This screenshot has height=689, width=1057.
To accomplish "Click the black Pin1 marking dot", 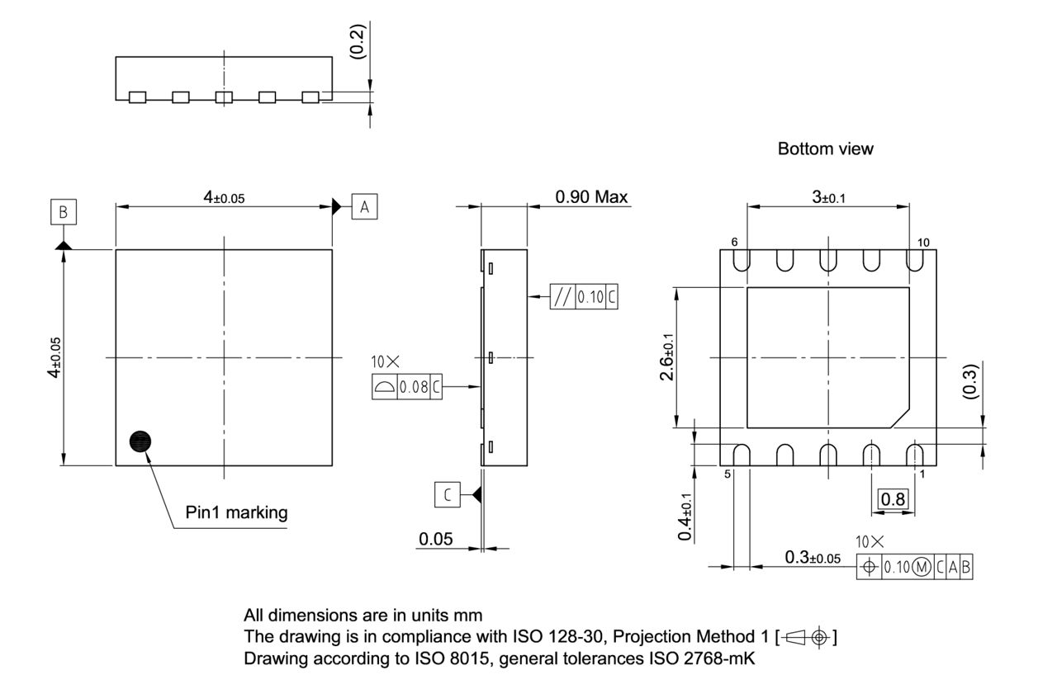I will click(x=141, y=441).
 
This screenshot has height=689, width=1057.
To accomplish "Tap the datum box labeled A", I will click(x=364, y=206).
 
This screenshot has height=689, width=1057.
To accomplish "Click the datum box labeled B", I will click(x=63, y=212).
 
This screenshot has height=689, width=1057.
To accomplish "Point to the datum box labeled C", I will click(x=447, y=494).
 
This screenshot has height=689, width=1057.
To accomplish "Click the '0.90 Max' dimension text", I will click(x=591, y=197).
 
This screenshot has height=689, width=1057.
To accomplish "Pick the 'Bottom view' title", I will click(x=825, y=149).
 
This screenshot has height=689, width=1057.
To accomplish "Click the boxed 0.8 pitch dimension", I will click(x=893, y=498).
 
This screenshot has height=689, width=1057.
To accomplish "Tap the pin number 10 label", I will click(x=922, y=242).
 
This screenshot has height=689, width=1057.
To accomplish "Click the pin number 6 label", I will click(x=733, y=242).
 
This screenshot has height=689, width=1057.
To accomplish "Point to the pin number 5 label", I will click(x=728, y=474).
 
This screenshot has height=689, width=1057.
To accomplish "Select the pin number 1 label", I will click(x=922, y=474).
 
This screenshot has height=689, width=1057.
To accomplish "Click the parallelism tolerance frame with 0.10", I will click(x=584, y=296).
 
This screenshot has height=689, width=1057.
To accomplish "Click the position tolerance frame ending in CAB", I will click(x=915, y=567).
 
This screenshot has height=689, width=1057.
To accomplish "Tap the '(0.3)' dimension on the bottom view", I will click(x=971, y=381).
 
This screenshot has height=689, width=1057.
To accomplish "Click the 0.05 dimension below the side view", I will click(x=435, y=539).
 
